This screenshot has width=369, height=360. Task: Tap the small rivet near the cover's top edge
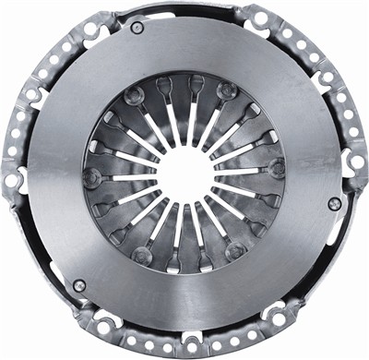click(137, 28)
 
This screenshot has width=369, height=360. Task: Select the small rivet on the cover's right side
click(334, 203)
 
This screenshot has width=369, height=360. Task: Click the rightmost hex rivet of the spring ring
click(276, 168)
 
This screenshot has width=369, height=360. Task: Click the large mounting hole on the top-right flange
click(260, 18)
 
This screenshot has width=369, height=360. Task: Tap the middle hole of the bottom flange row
click(184, 345)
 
